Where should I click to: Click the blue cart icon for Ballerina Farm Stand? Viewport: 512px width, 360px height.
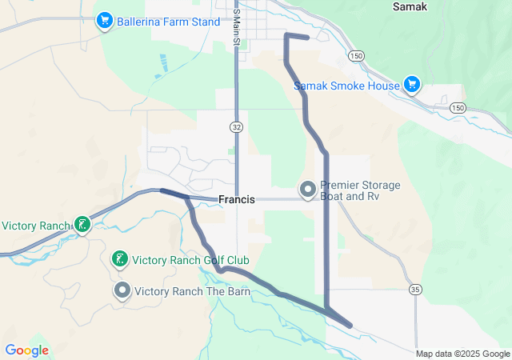point(104,21)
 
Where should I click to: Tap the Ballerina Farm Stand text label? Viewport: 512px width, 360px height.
point(167,22)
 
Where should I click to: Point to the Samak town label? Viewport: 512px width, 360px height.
point(410,6)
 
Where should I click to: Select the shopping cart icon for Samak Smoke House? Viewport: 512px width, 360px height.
point(411,84)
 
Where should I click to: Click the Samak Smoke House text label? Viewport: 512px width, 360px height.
point(346,85)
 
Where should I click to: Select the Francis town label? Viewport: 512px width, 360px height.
point(237,200)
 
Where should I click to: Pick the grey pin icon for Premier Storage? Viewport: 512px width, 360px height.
point(307,190)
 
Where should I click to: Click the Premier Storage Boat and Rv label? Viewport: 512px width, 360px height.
point(360,190)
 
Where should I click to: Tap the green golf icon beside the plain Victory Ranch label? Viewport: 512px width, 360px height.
point(82,226)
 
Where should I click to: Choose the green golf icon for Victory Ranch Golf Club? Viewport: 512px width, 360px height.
point(118,259)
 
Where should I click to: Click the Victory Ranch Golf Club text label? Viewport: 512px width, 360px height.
point(190,260)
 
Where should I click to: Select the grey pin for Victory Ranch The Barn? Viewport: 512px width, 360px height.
point(122,290)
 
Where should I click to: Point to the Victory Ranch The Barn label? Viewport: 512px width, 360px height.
point(193,291)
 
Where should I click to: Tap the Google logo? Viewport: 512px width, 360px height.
point(26,350)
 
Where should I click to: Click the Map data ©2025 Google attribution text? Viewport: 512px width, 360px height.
point(462,354)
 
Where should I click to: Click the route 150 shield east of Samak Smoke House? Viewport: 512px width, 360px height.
point(456,107)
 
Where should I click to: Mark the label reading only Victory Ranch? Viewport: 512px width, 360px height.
point(35,226)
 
